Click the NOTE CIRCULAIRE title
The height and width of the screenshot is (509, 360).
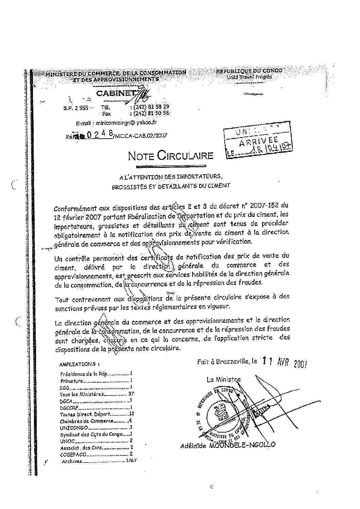pyautogui.click(x=171, y=156)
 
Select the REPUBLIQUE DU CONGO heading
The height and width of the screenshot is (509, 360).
pyautogui.click(x=249, y=71)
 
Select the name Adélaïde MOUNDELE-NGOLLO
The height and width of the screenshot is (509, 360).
pyautogui.click(x=227, y=445)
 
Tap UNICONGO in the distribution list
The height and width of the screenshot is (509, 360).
pyautogui.click(x=74, y=427)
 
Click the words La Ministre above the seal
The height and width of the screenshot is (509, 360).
pyautogui.click(x=223, y=380)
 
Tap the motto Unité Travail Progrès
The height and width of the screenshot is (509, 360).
pyautogui.click(x=249, y=77)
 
